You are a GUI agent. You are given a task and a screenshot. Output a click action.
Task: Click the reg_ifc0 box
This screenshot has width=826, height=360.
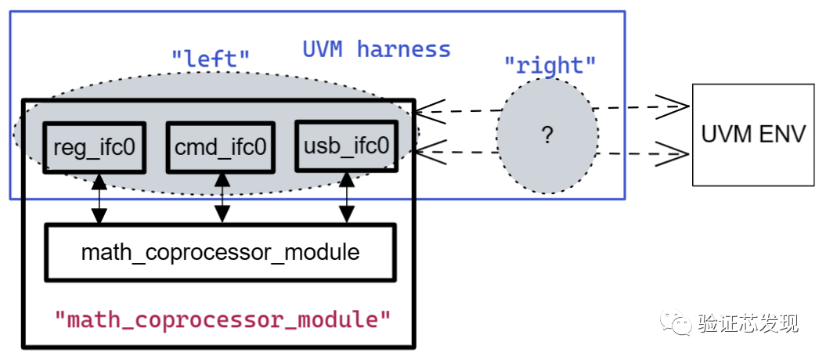94,147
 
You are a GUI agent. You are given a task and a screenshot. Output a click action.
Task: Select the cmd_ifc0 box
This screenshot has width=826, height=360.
220,147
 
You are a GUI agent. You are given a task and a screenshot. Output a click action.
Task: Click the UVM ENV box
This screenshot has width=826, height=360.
753,134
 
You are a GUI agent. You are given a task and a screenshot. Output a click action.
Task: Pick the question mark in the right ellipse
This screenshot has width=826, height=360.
547,135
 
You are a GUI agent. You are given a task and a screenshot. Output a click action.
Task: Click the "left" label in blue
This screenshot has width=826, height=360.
211,57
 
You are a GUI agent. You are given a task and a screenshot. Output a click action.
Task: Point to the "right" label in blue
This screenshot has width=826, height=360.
550,64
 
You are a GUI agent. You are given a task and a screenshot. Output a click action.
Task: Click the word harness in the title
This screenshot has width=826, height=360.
404,49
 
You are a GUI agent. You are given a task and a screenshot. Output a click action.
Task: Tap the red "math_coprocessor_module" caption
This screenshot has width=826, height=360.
222,319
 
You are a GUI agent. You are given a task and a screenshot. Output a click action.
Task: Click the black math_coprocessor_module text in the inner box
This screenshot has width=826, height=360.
220,253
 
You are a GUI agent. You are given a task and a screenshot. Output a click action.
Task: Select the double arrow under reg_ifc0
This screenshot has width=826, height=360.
99,199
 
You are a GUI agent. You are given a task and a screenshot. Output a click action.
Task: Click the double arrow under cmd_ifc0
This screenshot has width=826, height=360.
222,199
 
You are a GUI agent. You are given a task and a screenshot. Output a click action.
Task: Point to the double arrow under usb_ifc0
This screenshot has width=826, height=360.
346,199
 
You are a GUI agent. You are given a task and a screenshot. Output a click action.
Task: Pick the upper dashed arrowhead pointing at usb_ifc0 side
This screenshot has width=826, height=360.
429,111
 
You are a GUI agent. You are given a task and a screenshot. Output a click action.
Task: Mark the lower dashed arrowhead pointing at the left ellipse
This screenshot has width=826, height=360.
429,150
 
